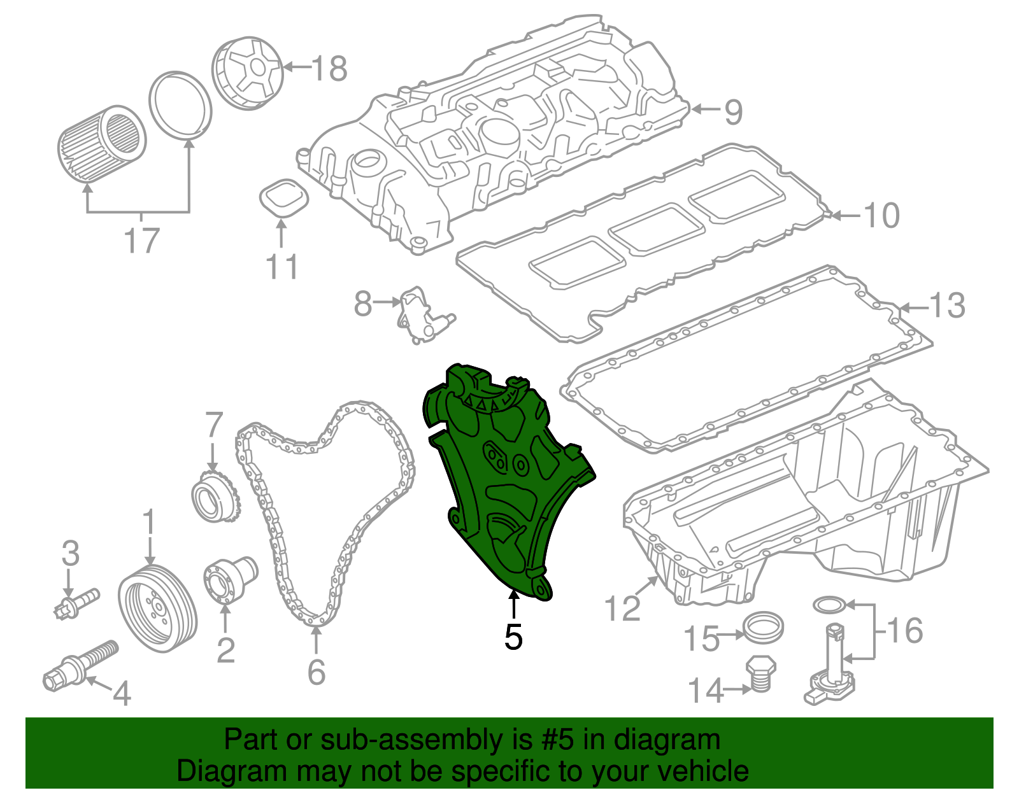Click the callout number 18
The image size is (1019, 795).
click(330, 68)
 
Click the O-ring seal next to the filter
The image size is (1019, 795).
click(180, 104)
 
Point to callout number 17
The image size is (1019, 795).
click(141, 241)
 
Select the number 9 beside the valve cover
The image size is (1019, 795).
click(733, 111)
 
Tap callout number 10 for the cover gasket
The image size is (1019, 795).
click(881, 216)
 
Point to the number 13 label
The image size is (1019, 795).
click(948, 306)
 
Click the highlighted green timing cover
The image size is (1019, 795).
click(503, 484)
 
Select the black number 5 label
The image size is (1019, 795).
click(513, 637)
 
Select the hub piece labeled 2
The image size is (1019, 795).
click(229, 580)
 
